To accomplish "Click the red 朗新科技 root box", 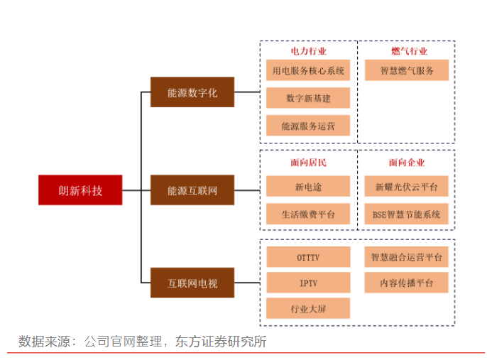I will pyautogui.click(x=80, y=190).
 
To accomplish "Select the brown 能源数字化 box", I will pyautogui.click(x=192, y=92).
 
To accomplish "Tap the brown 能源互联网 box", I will pyautogui.click(x=192, y=190).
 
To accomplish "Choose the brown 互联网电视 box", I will pyautogui.click(x=192, y=284).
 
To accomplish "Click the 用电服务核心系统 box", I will pyautogui.click(x=308, y=70).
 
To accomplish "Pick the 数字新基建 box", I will pyautogui.click(x=308, y=98).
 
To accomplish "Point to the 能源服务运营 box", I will pyautogui.click(x=308, y=126).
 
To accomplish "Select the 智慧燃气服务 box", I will pyautogui.click(x=407, y=70).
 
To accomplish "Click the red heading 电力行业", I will pyautogui.click(x=308, y=51).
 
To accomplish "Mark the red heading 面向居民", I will pyautogui.click(x=308, y=163).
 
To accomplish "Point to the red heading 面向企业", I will pyautogui.click(x=407, y=163).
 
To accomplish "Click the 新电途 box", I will pyautogui.click(x=308, y=187).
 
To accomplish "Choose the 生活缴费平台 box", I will pyautogui.click(x=308, y=214).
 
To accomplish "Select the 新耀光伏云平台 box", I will pyautogui.click(x=407, y=187).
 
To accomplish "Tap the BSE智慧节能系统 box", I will pyautogui.click(x=407, y=214).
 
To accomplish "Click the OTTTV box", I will pyautogui.click(x=308, y=257).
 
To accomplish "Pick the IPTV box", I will pyautogui.click(x=308, y=283).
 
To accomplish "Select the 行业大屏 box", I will pyautogui.click(x=308, y=308).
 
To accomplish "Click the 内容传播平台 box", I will pyautogui.click(x=407, y=283).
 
